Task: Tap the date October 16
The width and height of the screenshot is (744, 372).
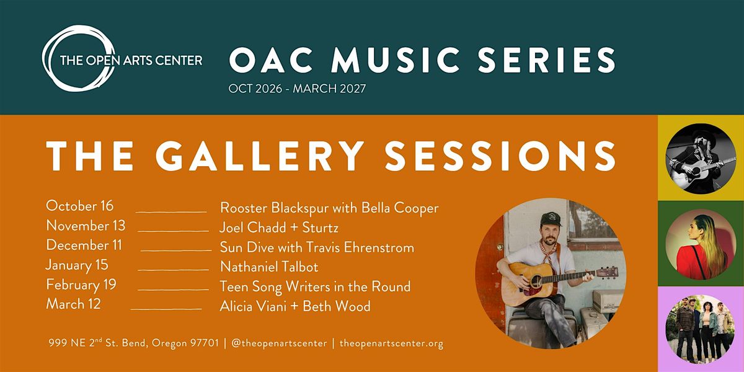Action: pyautogui.click(x=80, y=206)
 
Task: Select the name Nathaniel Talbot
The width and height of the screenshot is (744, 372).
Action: pyautogui.click(x=269, y=267)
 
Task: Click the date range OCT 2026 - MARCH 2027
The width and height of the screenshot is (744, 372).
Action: pyautogui.click(x=297, y=89)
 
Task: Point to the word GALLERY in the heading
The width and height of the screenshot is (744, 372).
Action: pyautogui.click(x=260, y=156)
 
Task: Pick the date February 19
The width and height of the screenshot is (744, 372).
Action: pyautogui.click(x=81, y=285)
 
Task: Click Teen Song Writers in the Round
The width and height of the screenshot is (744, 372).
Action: pyautogui.click(x=315, y=286)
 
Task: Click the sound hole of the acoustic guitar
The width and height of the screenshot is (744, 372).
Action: pyautogui.click(x=536, y=281)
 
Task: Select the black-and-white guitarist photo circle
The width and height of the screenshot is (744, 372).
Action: pyautogui.click(x=701, y=159)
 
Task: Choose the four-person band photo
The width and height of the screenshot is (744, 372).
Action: pyautogui.click(x=701, y=329)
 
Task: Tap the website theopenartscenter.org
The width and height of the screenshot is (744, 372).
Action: pyautogui.click(x=391, y=343)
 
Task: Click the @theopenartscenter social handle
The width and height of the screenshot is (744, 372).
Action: pyautogui.click(x=279, y=343)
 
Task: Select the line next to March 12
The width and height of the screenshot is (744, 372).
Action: pyautogui.click(x=166, y=309)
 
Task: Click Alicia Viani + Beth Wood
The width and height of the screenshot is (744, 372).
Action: pyautogui.click(x=295, y=306)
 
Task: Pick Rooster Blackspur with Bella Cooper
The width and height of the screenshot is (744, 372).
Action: pyautogui.click(x=329, y=208)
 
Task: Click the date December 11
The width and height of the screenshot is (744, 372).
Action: pyautogui.click(x=84, y=246)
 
